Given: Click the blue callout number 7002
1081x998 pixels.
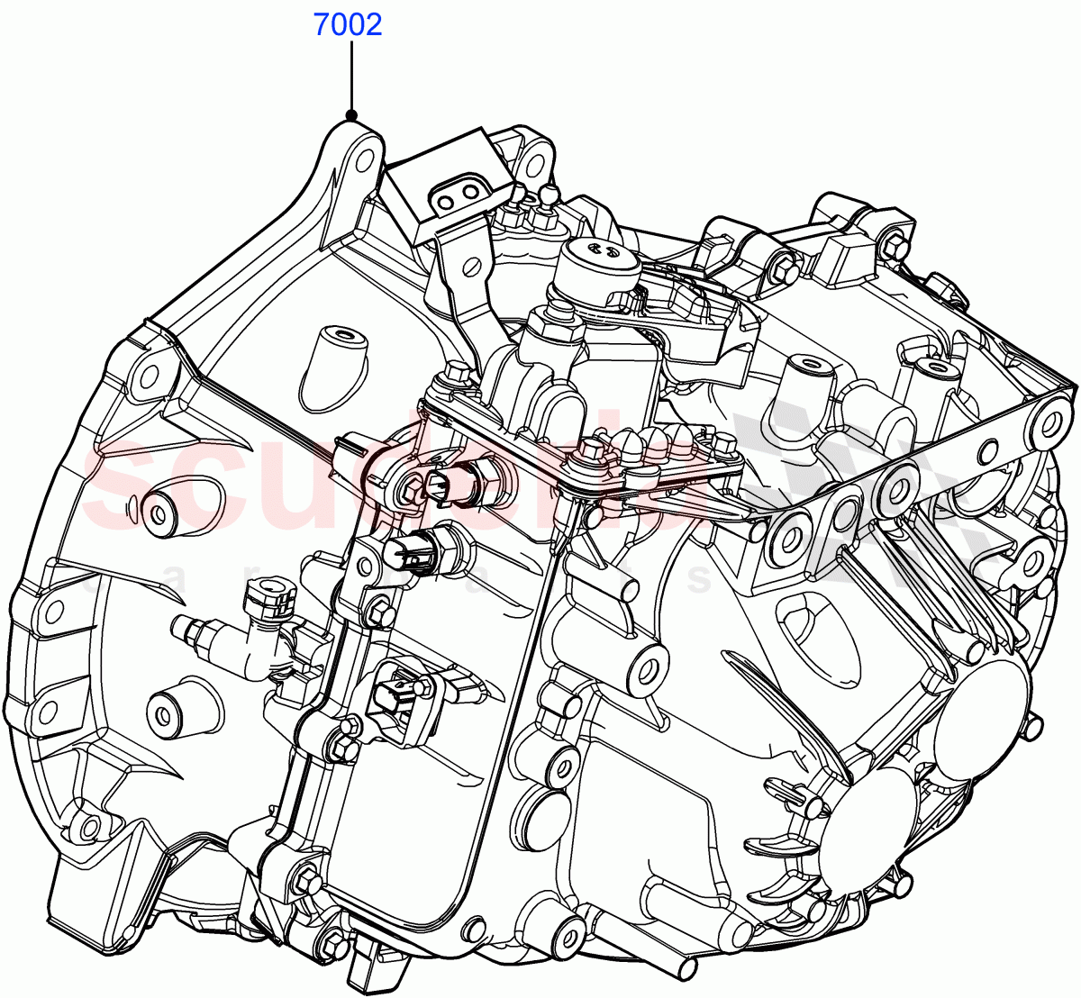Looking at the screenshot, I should click(x=348, y=24).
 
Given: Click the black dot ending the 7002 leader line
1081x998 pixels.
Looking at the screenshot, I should click(x=351, y=115).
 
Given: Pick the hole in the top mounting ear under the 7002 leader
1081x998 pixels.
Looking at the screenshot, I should click(x=364, y=158).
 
